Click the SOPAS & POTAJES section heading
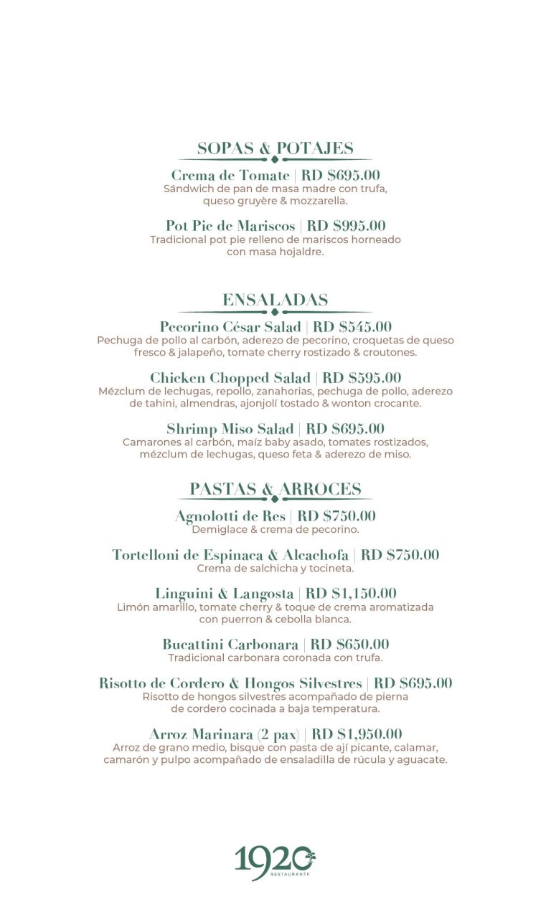pos(275,148)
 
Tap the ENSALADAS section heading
pos(275,300)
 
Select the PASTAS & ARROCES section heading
pos(275,489)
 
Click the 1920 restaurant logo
pos(275,861)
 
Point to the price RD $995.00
pos(346,226)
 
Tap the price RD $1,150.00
pos(351,594)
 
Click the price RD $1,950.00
pos(357,734)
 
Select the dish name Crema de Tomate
pos(230,176)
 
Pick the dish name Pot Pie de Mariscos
pos(230,226)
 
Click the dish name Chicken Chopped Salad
pos(230,378)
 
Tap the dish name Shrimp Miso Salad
pos(230,429)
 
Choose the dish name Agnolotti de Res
pos(230,516)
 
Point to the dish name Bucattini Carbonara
pos(230,645)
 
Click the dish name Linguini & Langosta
pos(225,594)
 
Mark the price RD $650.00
pos(350,645)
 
